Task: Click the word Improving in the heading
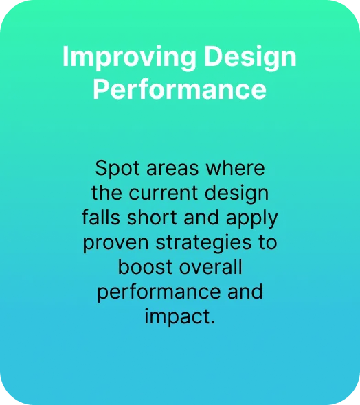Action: click(129, 58)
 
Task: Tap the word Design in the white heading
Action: click(250, 58)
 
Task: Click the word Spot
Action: click(117, 169)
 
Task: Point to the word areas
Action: click(172, 169)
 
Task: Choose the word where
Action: click(235, 168)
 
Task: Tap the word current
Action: click(164, 193)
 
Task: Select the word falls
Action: click(101, 217)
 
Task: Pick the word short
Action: click(152, 217)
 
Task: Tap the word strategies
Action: click(203, 243)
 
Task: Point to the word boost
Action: click(145, 266)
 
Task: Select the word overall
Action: click(211, 266)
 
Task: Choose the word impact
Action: click(178, 316)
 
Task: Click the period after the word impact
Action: click(213, 322)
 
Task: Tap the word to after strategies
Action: click(268, 242)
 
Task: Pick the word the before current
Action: click(106, 193)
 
